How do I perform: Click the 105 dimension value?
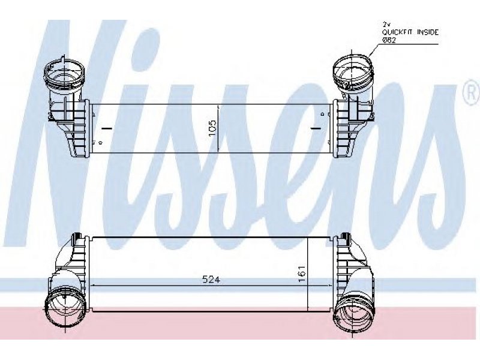pyautogui.click(x=212, y=128)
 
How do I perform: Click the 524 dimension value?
pyautogui.click(x=212, y=280)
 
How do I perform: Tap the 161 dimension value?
pyautogui.click(x=302, y=274)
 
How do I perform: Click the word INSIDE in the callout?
pyautogui.click(x=428, y=32)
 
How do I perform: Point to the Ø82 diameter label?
pyautogui.click(x=389, y=40)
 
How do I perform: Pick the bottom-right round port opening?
pyautogui.click(x=353, y=310)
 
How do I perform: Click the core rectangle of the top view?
pyautogui.click(x=212, y=128)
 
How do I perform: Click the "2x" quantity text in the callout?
pyautogui.click(x=386, y=24)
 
